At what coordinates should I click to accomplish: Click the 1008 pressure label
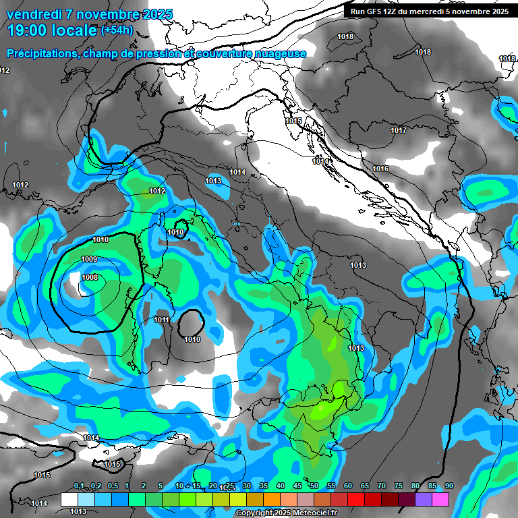click(x=90, y=277)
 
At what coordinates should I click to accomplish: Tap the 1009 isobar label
click(x=89, y=260)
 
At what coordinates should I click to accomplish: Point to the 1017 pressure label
click(x=399, y=130)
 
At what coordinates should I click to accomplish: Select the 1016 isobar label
click(x=380, y=169)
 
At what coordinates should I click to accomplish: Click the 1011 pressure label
click(x=161, y=320)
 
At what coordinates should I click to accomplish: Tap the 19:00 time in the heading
click(x=30, y=30)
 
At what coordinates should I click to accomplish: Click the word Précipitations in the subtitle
click(x=44, y=53)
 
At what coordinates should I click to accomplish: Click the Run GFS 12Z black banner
click(x=429, y=11)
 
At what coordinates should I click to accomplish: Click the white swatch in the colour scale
click(x=69, y=499)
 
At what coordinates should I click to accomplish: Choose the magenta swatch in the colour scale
click(x=440, y=499)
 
